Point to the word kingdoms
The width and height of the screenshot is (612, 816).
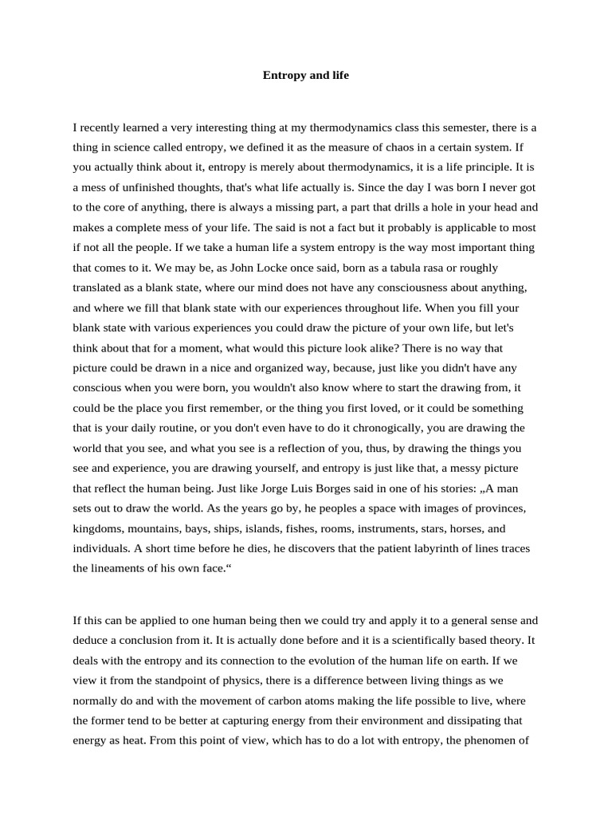tap(99, 528)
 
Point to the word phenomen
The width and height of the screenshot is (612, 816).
tap(501, 740)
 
